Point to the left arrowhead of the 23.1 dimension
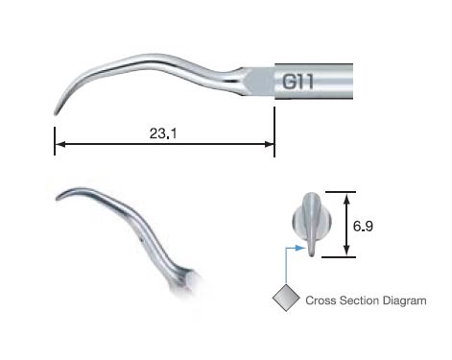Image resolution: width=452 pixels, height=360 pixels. pos(59,145)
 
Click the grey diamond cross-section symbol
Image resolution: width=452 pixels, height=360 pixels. pos(285,299)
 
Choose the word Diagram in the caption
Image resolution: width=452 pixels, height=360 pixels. pos(405,300)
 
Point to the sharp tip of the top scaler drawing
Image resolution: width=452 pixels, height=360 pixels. pos(55,113)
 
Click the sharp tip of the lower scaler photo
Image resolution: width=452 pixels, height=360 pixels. pos(57,199)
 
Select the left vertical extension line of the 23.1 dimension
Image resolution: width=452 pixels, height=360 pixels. pos(54,134)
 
